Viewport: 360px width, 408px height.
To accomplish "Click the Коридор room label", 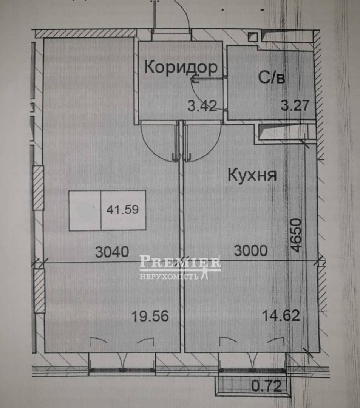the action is [x=181, y=68].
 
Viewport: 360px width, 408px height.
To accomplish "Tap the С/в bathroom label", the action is [x=272, y=77].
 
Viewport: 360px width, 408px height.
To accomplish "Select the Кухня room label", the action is [x=252, y=175].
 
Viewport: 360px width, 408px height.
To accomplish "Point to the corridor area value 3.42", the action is [x=202, y=106].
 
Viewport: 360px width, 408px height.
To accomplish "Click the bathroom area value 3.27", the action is [x=295, y=105].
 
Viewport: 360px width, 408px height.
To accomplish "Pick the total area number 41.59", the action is [x=122, y=209].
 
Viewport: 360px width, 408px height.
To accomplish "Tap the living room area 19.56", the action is [x=150, y=316].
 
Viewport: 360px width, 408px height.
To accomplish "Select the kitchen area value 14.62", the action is [x=281, y=316].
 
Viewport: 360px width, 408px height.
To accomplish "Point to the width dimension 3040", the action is [x=112, y=252].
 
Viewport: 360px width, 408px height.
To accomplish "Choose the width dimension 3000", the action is [x=251, y=250].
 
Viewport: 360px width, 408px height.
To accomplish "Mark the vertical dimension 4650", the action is [x=297, y=235].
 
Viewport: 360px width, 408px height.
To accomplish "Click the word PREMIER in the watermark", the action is [x=180, y=261].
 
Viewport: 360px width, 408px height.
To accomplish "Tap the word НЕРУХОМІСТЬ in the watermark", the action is [x=169, y=276].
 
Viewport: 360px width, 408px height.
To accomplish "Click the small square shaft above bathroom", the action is [x=253, y=37].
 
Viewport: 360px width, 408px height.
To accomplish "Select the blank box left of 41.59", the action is [x=85, y=210].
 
